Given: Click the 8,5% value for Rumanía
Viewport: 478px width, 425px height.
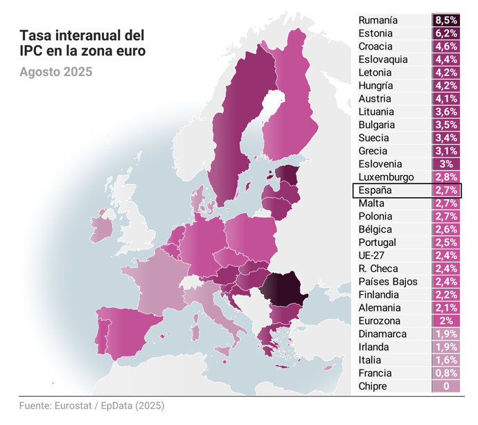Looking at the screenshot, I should click(446, 20).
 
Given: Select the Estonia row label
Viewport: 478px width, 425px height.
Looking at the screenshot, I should click(375, 33).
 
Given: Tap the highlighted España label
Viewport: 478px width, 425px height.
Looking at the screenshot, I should click(375, 190).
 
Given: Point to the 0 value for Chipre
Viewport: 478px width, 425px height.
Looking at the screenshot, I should click(446, 386).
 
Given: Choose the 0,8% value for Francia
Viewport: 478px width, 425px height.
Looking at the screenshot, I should click(446, 373).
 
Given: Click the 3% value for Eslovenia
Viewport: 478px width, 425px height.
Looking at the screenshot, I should click(446, 164).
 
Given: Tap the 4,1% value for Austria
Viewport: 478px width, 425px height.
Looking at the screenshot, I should click(446, 99).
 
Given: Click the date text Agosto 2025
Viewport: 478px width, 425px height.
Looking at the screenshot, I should click(55, 71).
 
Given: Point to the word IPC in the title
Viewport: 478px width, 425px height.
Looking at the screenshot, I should click(30, 50).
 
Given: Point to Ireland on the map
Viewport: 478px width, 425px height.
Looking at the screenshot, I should click(101, 228).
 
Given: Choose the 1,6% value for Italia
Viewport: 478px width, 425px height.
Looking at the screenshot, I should click(446, 360).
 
